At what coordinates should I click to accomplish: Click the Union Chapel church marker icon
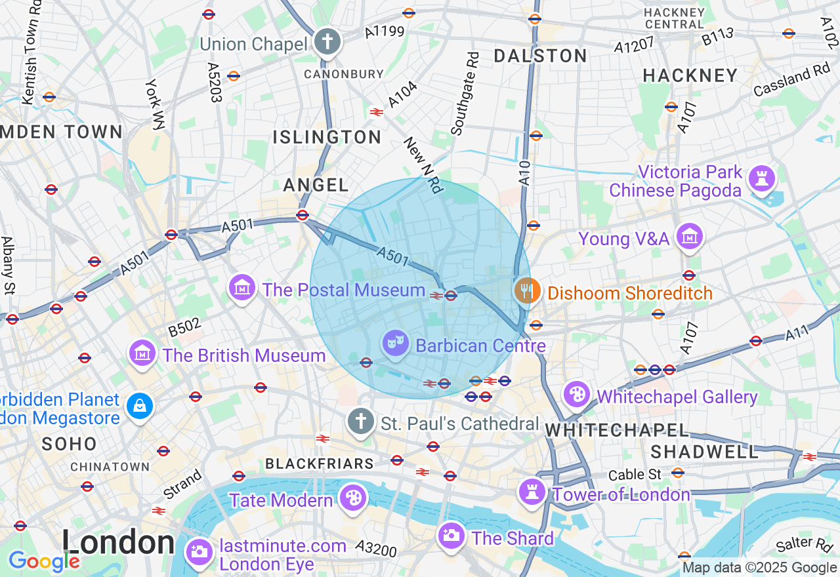(x=327, y=43)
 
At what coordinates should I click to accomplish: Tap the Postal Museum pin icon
(x=242, y=288)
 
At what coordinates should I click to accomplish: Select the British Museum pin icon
(x=143, y=354)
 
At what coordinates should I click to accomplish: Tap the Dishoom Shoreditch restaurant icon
(x=527, y=290)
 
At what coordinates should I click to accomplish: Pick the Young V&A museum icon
(x=689, y=237)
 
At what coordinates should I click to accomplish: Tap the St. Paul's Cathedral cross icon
(x=360, y=422)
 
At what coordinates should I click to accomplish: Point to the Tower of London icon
(x=532, y=492)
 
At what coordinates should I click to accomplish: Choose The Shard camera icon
(x=451, y=536)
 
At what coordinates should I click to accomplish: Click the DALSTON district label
(x=540, y=56)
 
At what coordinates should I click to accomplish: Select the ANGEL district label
(x=316, y=186)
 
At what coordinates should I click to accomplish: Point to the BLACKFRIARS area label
(x=320, y=464)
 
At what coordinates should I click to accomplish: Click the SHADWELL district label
(x=705, y=452)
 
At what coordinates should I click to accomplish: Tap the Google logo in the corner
(x=43, y=561)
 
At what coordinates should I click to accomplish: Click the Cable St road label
(x=635, y=474)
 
